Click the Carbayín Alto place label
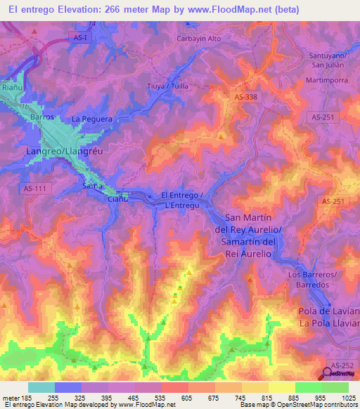[x=199, y=39]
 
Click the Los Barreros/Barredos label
[x=314, y=280]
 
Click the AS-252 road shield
[x=342, y=365]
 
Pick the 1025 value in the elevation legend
[x=347, y=398]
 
